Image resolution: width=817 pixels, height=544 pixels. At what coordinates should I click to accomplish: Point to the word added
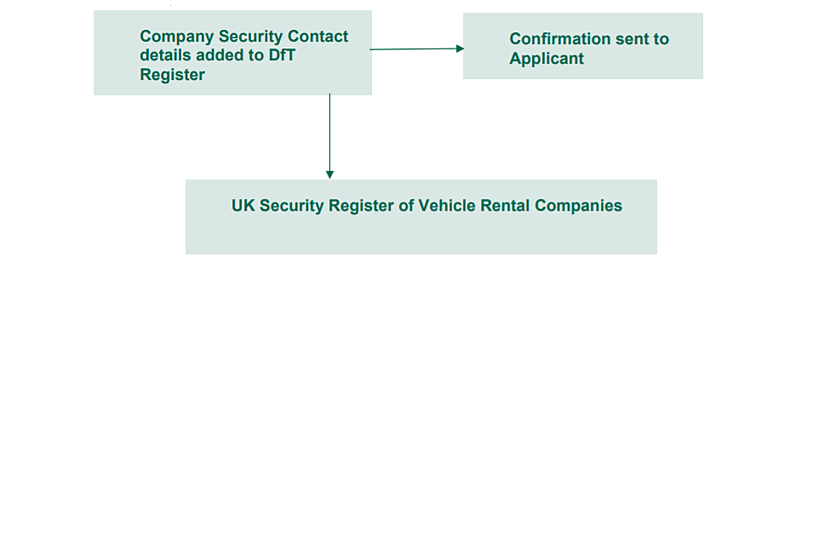pos(222,55)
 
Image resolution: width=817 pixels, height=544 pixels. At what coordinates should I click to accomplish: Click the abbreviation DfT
pos(280,55)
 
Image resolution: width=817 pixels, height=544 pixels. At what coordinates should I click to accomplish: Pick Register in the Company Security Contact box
pos(173,75)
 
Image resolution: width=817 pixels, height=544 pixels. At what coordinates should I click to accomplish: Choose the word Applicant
pos(546,59)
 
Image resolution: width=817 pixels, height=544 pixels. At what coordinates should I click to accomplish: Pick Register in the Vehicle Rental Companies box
pos(363,206)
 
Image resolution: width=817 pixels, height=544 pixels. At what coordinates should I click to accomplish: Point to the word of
pos(406,206)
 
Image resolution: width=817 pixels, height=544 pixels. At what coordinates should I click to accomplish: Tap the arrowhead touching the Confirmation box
pos(460,48)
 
